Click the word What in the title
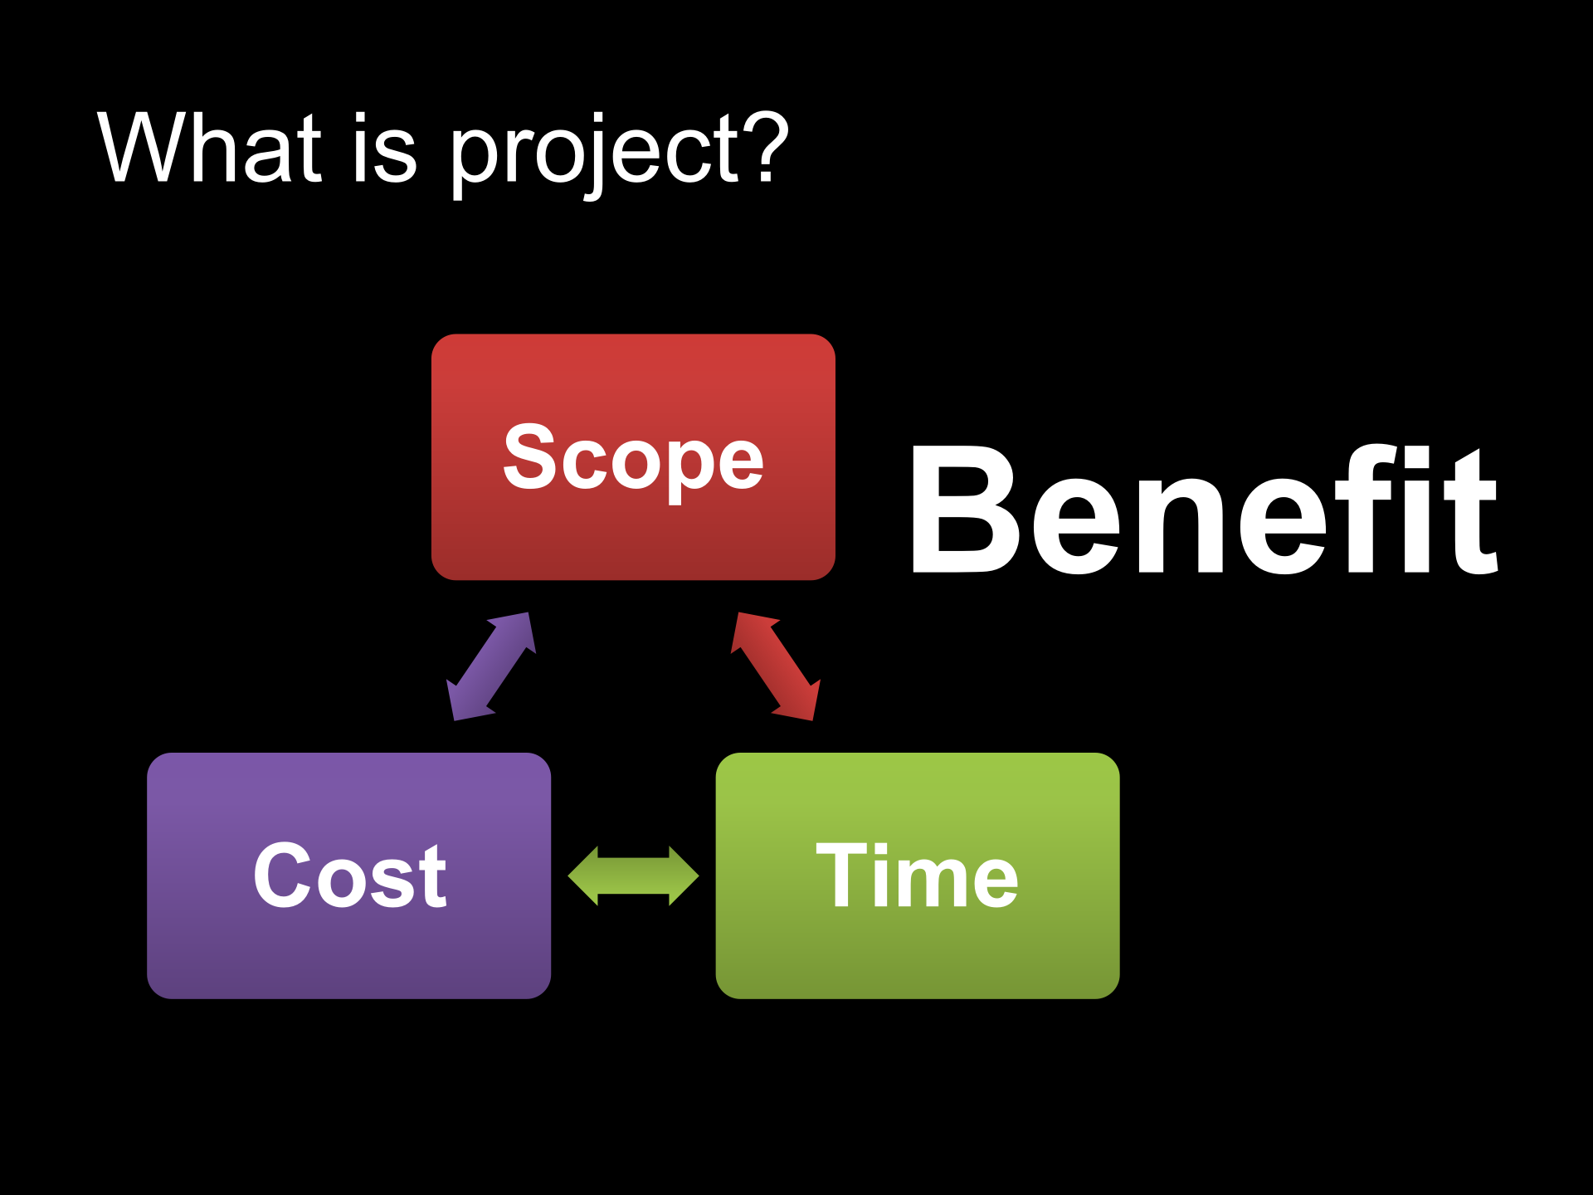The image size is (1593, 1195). [x=210, y=147]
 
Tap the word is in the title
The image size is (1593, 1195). [x=384, y=147]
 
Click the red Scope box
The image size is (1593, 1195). [x=633, y=457]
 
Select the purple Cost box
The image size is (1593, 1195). [x=349, y=876]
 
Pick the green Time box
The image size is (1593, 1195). [x=918, y=876]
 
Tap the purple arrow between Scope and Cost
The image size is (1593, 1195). [x=491, y=666]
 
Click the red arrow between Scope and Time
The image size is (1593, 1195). [x=776, y=666]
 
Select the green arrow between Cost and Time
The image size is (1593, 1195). [x=633, y=876]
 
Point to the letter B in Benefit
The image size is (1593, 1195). [x=963, y=510]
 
